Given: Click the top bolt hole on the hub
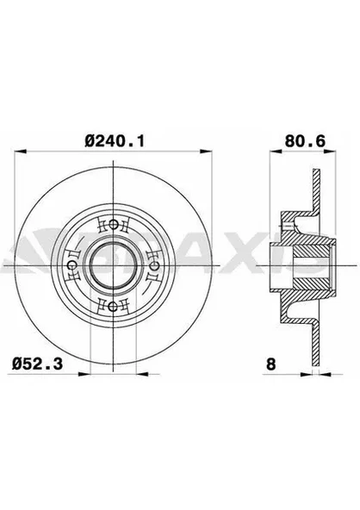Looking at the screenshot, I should point(115,226).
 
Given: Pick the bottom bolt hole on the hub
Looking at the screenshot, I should point(115,307).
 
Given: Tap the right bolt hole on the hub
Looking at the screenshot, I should point(155,266).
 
